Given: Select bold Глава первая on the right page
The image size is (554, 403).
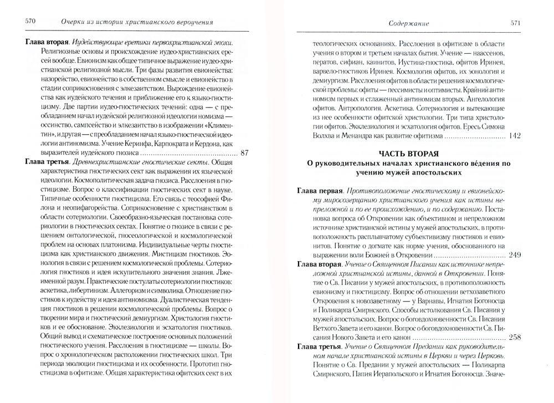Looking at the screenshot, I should tap(321, 190).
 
